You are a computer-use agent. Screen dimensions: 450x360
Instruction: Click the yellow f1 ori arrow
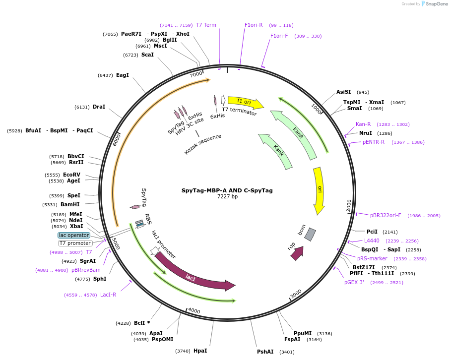(246, 103)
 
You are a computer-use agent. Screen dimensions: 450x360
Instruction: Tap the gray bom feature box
(310, 235)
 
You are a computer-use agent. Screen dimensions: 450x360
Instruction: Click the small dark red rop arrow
(298, 253)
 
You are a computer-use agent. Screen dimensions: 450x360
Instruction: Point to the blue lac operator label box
(74, 235)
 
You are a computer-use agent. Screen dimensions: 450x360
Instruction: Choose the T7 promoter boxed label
(75, 243)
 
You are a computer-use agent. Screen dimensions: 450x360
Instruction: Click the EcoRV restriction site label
(72, 175)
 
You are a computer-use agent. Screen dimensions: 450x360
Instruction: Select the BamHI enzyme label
(70, 204)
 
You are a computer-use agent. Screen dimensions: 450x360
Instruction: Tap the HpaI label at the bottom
(200, 351)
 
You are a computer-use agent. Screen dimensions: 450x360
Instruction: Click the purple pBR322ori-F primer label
(386, 215)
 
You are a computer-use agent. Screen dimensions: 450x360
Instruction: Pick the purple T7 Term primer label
(206, 25)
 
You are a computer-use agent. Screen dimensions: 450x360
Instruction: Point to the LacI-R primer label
(108, 295)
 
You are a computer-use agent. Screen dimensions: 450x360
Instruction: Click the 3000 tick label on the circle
(296, 294)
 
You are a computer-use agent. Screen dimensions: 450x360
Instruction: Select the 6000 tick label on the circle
(117, 139)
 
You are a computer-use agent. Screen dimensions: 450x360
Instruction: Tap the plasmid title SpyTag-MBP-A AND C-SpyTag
(227, 190)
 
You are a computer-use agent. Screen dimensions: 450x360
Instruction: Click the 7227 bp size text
(227, 196)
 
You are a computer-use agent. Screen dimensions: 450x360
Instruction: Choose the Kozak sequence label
(202, 144)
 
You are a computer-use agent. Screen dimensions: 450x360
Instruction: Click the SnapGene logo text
(436, 4)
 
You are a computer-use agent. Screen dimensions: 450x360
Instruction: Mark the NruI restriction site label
(366, 133)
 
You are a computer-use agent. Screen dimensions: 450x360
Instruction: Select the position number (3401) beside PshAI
(287, 352)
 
